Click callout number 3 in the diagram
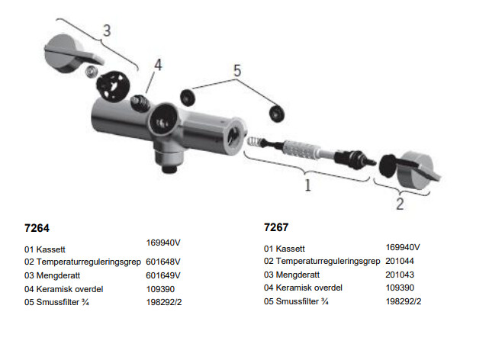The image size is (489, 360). (108, 31)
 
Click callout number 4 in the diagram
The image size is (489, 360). (158, 66)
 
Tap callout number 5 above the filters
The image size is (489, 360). (237, 71)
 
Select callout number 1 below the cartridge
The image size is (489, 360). (307, 185)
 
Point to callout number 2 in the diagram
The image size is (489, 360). (400, 204)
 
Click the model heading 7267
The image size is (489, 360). (276, 228)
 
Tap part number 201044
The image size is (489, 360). (401, 261)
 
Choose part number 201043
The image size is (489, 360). (401, 274)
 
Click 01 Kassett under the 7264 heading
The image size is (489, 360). (47, 249)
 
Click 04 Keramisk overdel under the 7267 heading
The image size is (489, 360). (303, 288)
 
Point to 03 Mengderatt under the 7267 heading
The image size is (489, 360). (291, 275)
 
